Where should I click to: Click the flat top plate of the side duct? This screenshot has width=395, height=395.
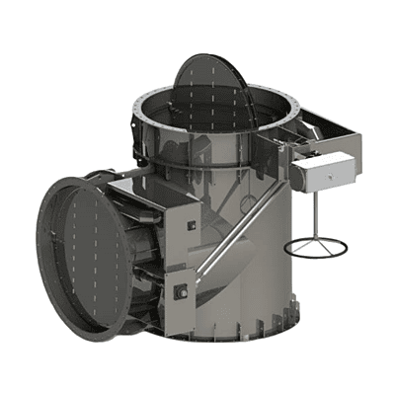[x=138, y=186]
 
